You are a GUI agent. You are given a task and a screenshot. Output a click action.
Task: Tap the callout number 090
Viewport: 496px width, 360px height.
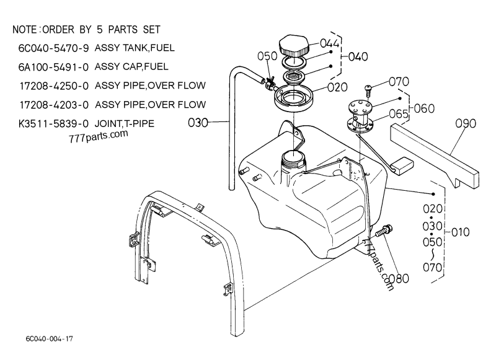[465, 123]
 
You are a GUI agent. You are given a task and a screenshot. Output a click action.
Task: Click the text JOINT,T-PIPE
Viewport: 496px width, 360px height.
[124, 123]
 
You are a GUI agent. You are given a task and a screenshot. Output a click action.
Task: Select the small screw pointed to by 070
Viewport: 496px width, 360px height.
[366, 90]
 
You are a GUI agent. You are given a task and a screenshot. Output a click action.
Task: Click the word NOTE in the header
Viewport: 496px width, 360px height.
[25, 30]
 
